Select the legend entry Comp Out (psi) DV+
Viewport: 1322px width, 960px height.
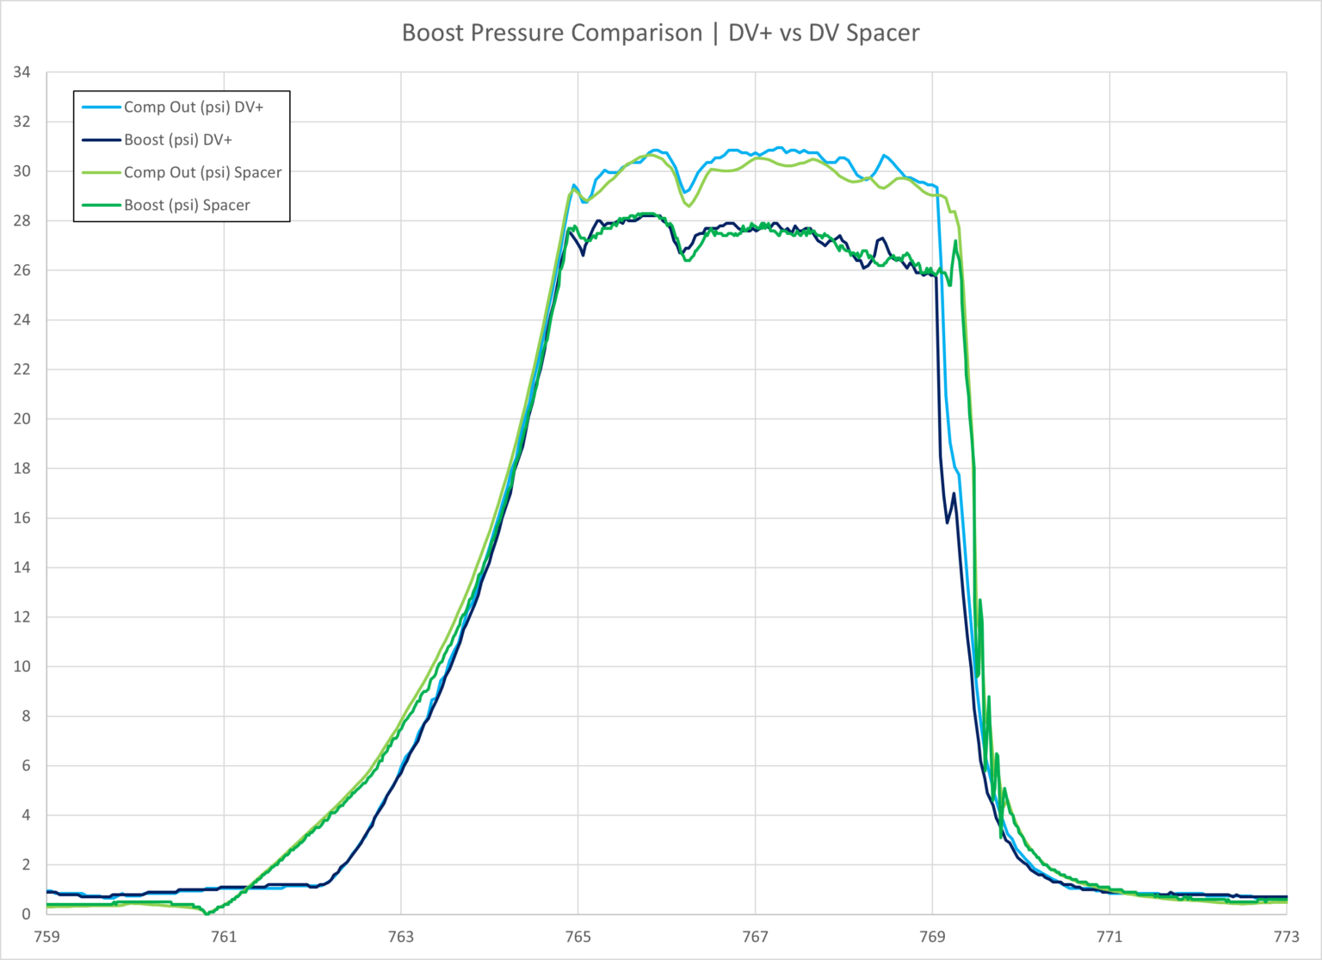[193, 108]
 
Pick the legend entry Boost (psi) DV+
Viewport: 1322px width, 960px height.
[177, 140]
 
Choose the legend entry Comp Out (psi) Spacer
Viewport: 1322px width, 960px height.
[202, 173]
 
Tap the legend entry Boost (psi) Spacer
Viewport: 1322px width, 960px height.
[187, 206]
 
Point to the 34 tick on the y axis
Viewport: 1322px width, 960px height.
[22, 72]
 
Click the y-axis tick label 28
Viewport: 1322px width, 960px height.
[22, 221]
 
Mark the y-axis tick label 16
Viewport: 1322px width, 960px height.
[22, 518]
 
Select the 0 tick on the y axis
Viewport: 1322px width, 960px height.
[26, 914]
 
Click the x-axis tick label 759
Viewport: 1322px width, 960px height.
[46, 937]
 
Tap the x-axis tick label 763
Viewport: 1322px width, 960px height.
[401, 937]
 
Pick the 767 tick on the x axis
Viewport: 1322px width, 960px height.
[755, 937]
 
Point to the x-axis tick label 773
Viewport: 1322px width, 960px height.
[1286, 937]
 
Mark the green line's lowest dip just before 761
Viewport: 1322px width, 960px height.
[207, 913]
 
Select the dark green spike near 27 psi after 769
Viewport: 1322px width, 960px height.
[955, 242]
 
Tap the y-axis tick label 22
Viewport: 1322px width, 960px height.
[22, 369]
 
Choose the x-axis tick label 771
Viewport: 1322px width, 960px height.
[1109, 937]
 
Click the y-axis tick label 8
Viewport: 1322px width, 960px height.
[26, 716]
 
